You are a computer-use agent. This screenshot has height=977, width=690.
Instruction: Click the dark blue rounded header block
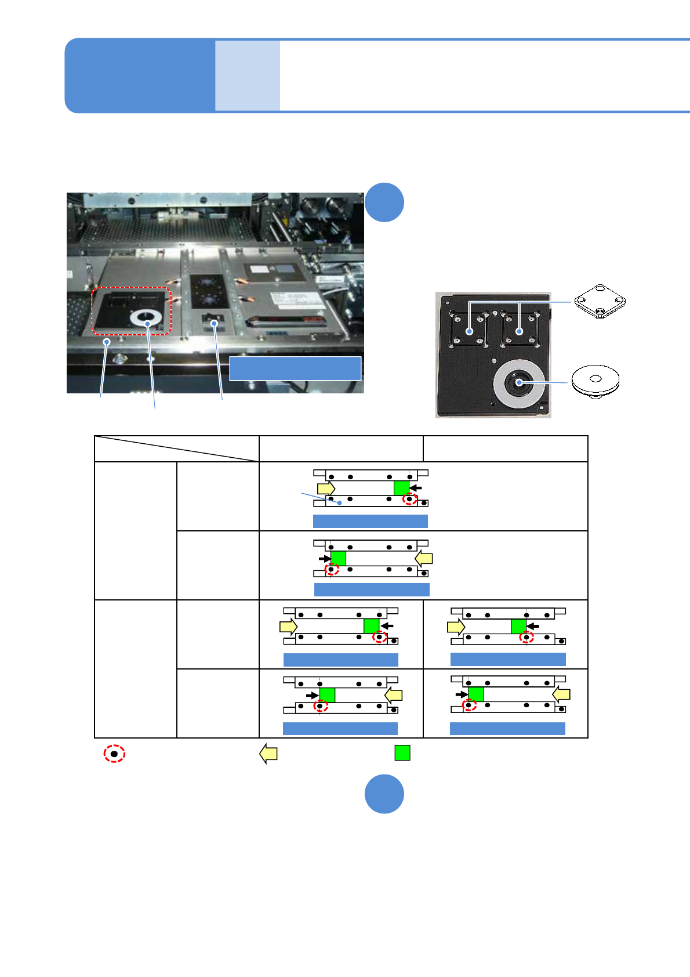point(139,75)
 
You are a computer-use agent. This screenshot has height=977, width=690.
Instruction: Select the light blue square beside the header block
point(248,75)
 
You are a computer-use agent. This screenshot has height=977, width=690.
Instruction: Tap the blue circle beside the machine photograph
point(384,202)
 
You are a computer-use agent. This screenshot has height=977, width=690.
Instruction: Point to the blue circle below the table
point(384,794)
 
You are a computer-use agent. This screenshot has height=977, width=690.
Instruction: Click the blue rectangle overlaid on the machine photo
point(295,368)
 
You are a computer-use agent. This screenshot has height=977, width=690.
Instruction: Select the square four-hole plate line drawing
point(600,301)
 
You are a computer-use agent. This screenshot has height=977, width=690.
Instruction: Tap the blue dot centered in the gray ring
point(519,382)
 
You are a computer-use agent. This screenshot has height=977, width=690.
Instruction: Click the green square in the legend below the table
point(402,752)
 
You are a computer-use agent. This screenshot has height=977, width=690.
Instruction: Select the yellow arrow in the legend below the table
point(268,753)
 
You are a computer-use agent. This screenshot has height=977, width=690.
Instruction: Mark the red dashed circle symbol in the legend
point(114,754)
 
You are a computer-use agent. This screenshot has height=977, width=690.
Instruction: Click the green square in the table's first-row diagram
point(401,488)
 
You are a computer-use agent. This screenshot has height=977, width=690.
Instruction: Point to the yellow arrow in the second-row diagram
point(424,558)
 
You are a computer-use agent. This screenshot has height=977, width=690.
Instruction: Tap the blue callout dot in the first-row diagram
point(339,502)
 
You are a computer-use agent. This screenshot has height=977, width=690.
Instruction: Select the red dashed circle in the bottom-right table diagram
point(469,705)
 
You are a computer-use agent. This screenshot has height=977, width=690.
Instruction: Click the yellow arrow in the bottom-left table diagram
point(394,694)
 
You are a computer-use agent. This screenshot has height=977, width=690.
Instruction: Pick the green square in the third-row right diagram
point(518,626)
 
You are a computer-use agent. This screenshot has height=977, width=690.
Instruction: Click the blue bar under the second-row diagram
point(372,589)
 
